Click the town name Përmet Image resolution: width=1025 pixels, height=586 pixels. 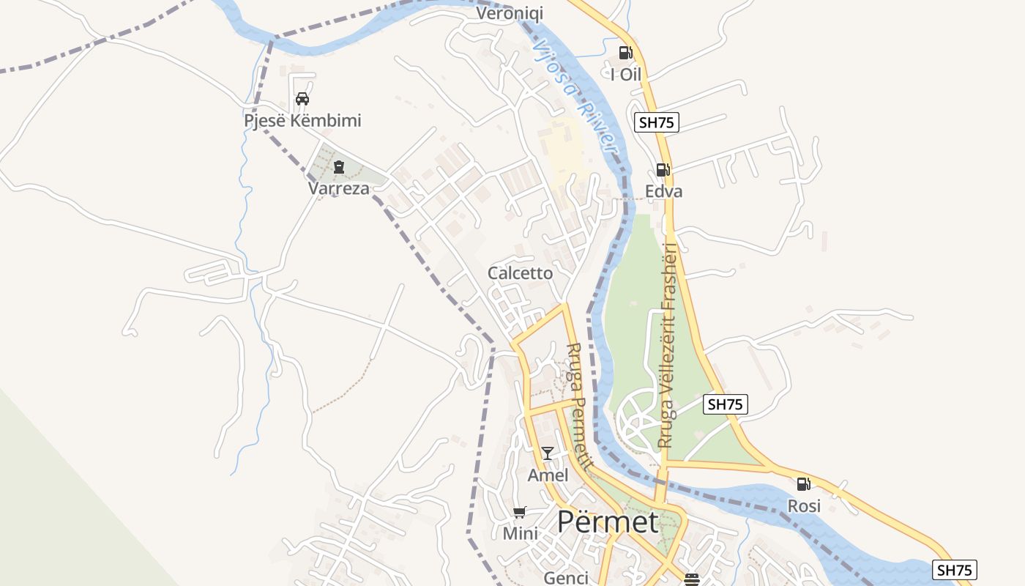tap(608, 522)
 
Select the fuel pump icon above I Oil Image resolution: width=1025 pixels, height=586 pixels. tap(625, 53)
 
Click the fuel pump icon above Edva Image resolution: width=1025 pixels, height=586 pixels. tap(663, 170)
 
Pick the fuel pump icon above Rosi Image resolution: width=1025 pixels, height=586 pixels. tap(803, 484)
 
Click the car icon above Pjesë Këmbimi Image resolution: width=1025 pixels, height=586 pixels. tap(302, 99)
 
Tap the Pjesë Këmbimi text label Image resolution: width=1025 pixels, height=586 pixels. tap(302, 120)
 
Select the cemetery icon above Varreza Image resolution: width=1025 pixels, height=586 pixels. tap(338, 168)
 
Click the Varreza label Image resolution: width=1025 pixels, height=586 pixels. tap(339, 188)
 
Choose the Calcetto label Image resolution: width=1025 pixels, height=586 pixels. tap(521, 273)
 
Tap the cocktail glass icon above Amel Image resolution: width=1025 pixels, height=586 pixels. tap(547, 453)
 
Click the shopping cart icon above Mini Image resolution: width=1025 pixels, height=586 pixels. tap(519, 512)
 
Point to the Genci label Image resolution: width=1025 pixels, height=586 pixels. tap(566, 578)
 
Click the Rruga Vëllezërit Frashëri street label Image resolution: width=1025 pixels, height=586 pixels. tap(668, 344)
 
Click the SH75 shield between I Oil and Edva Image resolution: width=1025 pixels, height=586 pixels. tap(656, 122)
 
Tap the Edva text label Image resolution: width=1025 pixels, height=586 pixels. tap(663, 191)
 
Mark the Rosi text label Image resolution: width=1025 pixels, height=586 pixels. tap(804, 506)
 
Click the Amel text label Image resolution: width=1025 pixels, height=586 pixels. tap(548, 475)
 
